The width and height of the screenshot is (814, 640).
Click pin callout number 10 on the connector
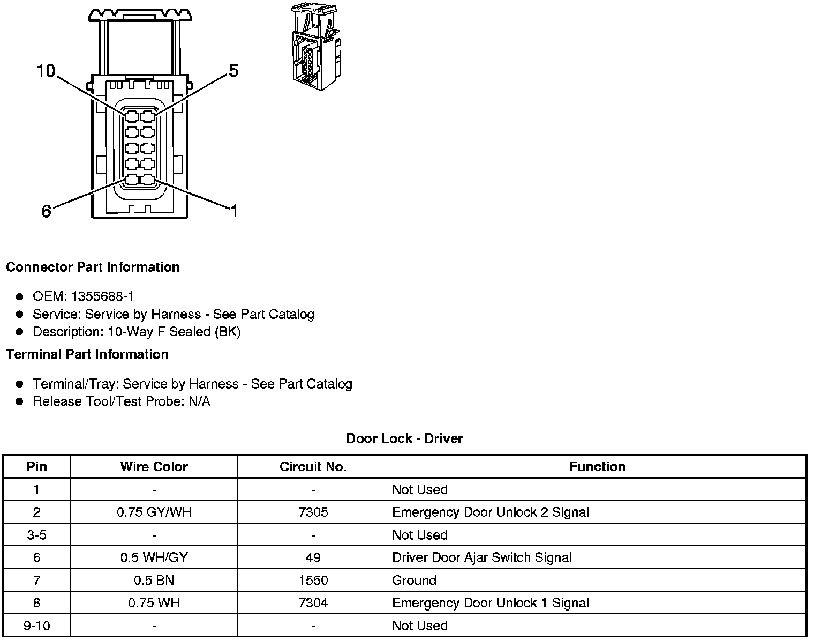click(46, 71)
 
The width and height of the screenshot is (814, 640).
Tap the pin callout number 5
click(233, 71)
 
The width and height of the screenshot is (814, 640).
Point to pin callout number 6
click(47, 212)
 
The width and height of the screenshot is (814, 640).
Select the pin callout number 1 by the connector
click(233, 211)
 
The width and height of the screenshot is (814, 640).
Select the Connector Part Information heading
click(93, 267)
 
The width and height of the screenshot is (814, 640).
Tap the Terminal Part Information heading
click(87, 354)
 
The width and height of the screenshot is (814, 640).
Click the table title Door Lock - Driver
click(404, 438)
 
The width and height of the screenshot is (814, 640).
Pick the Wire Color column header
click(154, 466)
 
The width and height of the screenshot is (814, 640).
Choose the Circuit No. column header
click(313, 466)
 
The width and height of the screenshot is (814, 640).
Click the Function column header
click(597, 466)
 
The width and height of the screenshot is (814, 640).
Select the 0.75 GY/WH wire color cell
click(154, 512)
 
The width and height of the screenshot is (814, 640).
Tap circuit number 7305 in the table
click(313, 512)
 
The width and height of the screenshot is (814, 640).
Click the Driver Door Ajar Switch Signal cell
click(481, 557)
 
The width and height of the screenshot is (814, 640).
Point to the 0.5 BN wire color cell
click(154, 580)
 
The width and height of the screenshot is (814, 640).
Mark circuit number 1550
click(313, 580)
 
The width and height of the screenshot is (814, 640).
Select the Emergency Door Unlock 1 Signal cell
click(490, 603)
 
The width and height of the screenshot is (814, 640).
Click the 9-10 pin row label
click(36, 626)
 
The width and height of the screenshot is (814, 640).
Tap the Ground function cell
click(414, 580)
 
